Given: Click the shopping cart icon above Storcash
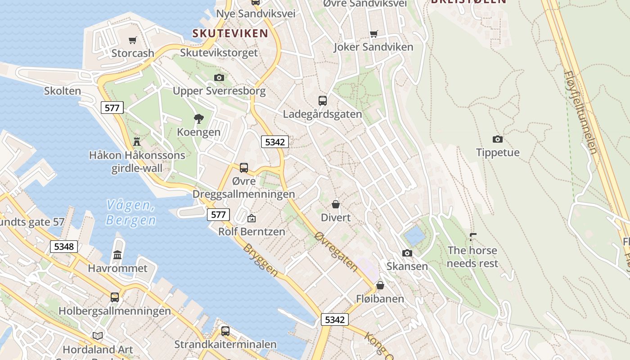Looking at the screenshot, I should coord(132,40).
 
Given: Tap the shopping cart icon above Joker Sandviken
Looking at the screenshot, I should coord(373,34).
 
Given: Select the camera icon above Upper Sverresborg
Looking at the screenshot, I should coord(219,77).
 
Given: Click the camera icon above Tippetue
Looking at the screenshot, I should coord(497,139).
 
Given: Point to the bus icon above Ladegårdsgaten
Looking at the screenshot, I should coord(322,100).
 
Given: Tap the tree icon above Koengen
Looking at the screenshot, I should coord(198,119).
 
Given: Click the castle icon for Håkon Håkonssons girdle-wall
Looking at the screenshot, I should coord(137,142).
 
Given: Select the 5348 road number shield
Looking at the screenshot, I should coord(64,247).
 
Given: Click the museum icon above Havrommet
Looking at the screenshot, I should coord(117,255).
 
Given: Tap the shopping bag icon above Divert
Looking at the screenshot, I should coord(336,204).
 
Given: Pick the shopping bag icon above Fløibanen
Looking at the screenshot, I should coord(380,285).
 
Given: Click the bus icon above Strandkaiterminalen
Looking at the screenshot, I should coord(225,331).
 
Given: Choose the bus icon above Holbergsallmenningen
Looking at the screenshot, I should coord(115,297).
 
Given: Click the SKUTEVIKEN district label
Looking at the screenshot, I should coord(230,33).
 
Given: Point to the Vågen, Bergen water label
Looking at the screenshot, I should coord(131,213).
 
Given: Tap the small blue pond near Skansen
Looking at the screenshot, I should coord(414,235).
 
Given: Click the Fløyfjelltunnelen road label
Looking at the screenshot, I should coord(580,112).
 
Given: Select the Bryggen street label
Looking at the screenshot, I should coord(261,260).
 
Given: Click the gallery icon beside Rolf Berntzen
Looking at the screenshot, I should coord(252,218).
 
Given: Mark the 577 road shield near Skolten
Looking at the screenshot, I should coord(112,108).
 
